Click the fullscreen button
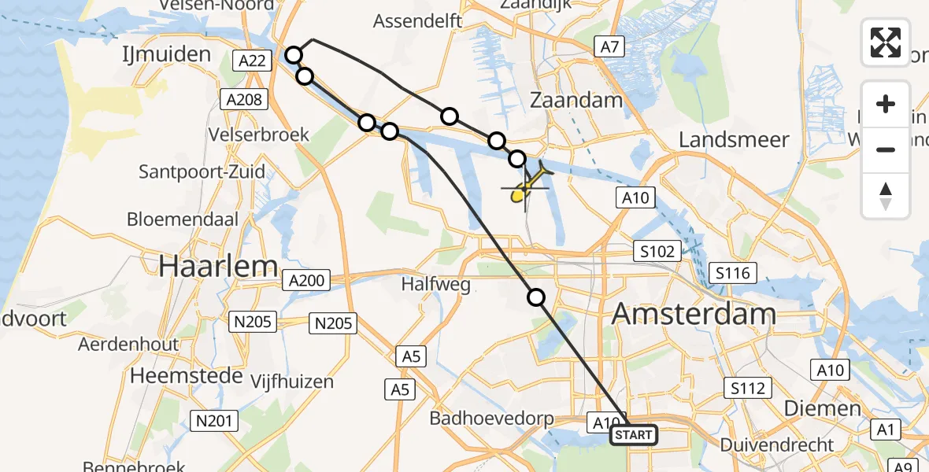pyautogui.click(x=886, y=42)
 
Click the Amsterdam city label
pyautogui.click(x=694, y=315)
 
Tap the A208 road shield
pyautogui.click(x=244, y=98)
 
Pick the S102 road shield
pyautogui.click(x=657, y=252)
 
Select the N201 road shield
pyautogui.click(x=214, y=422)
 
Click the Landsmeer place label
pyautogui.click(x=734, y=140)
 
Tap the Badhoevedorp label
pyautogui.click(x=491, y=419)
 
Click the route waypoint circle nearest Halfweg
pyautogui.click(x=536, y=297)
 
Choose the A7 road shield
pyautogui.click(x=609, y=47)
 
